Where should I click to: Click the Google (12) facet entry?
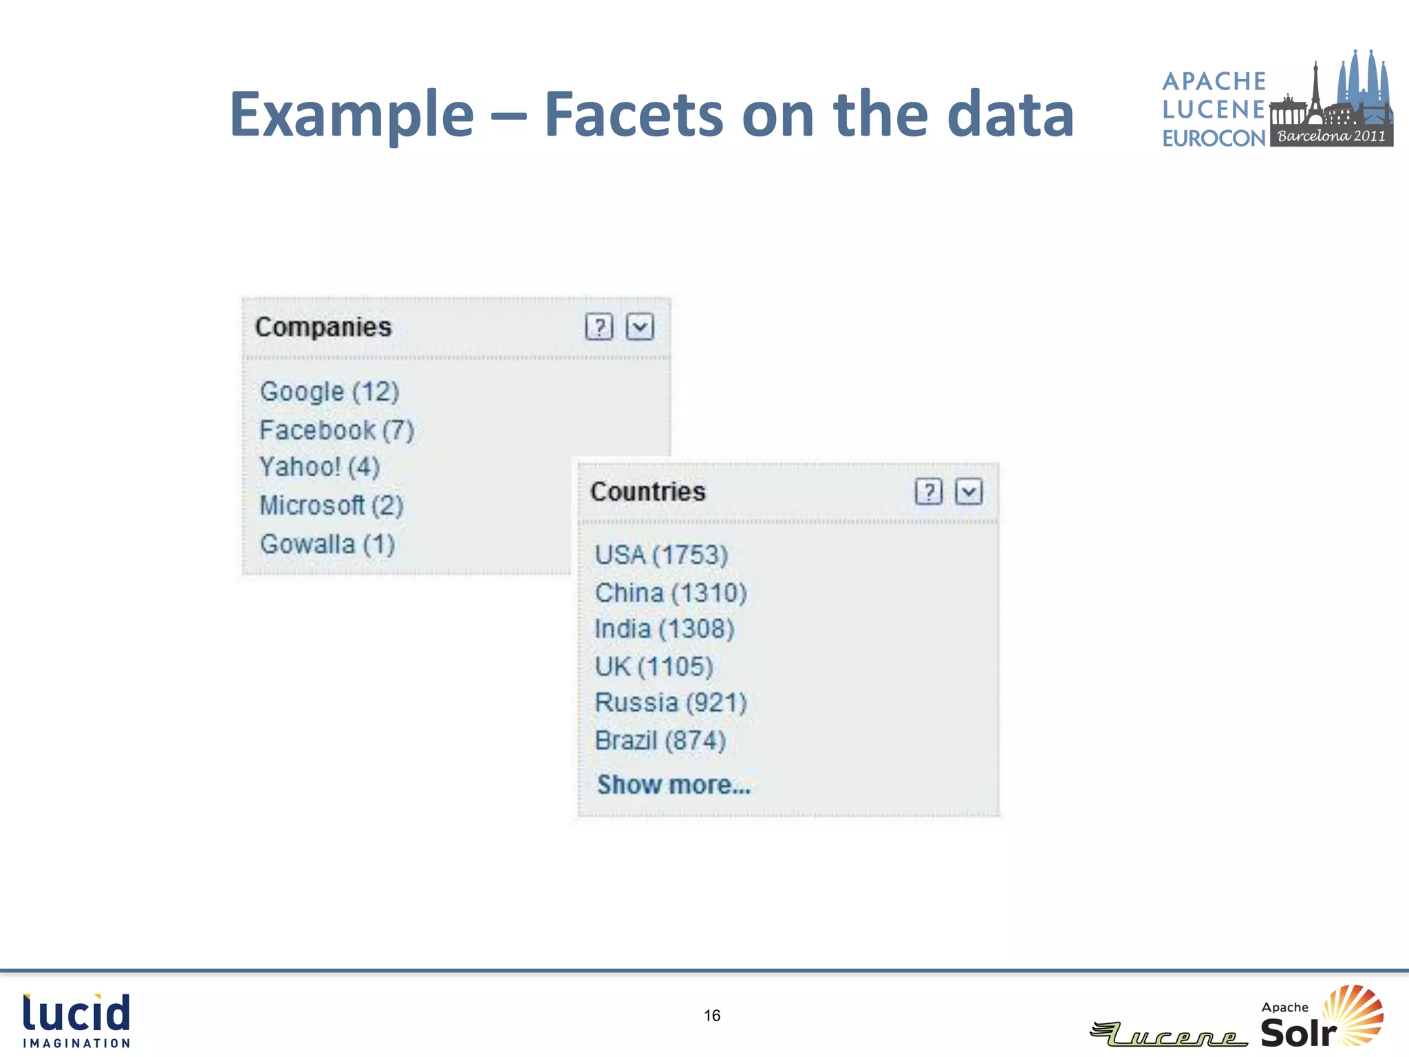point(330,392)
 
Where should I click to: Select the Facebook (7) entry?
point(336,430)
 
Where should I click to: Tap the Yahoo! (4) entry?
point(319,467)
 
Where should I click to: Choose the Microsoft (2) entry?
point(331,505)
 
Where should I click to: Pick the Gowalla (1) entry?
point(327,544)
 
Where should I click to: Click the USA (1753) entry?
point(661,555)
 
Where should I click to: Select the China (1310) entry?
point(671,592)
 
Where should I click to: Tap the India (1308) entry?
point(664,629)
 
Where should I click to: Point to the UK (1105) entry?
point(654,666)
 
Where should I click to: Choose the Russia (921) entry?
point(671,703)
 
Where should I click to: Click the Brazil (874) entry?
point(660,740)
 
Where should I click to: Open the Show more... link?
point(674,784)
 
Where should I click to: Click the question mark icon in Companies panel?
point(599,327)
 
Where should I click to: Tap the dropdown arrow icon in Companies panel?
point(640,327)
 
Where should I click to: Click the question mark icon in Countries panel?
point(929,491)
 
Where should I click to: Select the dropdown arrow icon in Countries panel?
point(969,491)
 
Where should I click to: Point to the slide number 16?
point(712,1016)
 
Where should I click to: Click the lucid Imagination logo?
point(76,1021)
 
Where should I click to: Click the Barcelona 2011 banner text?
point(1331,136)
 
